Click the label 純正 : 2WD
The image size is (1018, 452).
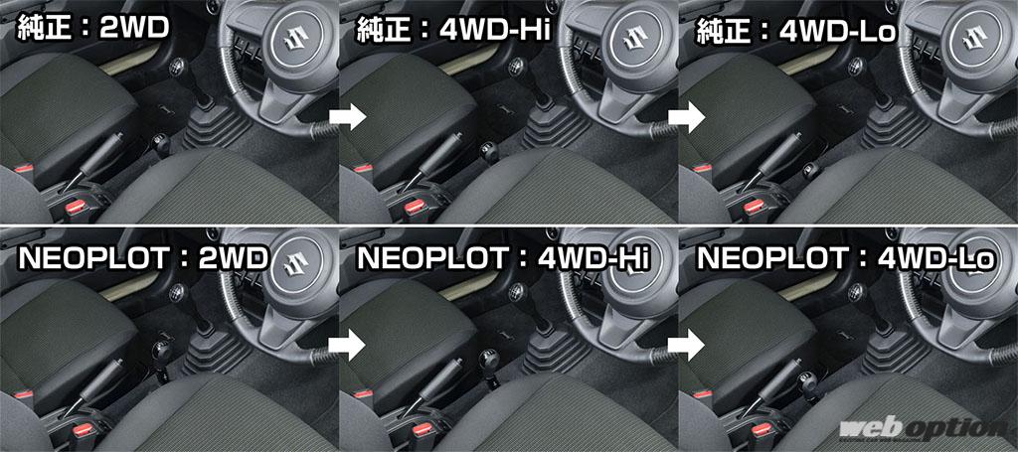92,29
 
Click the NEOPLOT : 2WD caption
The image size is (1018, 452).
143,258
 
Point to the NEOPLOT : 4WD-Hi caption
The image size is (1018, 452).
503,258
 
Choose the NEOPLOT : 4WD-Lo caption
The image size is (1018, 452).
845,258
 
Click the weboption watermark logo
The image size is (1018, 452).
922,430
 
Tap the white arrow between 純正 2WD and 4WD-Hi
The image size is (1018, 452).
348,117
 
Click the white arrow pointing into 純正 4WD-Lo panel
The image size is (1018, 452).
687,117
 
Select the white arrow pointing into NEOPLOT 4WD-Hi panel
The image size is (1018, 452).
348,344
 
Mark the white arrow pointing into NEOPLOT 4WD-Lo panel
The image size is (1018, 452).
687,344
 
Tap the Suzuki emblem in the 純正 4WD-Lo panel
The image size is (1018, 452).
977,41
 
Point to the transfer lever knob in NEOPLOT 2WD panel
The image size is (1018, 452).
162,354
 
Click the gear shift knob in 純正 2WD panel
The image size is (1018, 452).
176,66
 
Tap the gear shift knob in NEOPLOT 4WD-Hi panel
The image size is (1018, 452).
516,291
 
